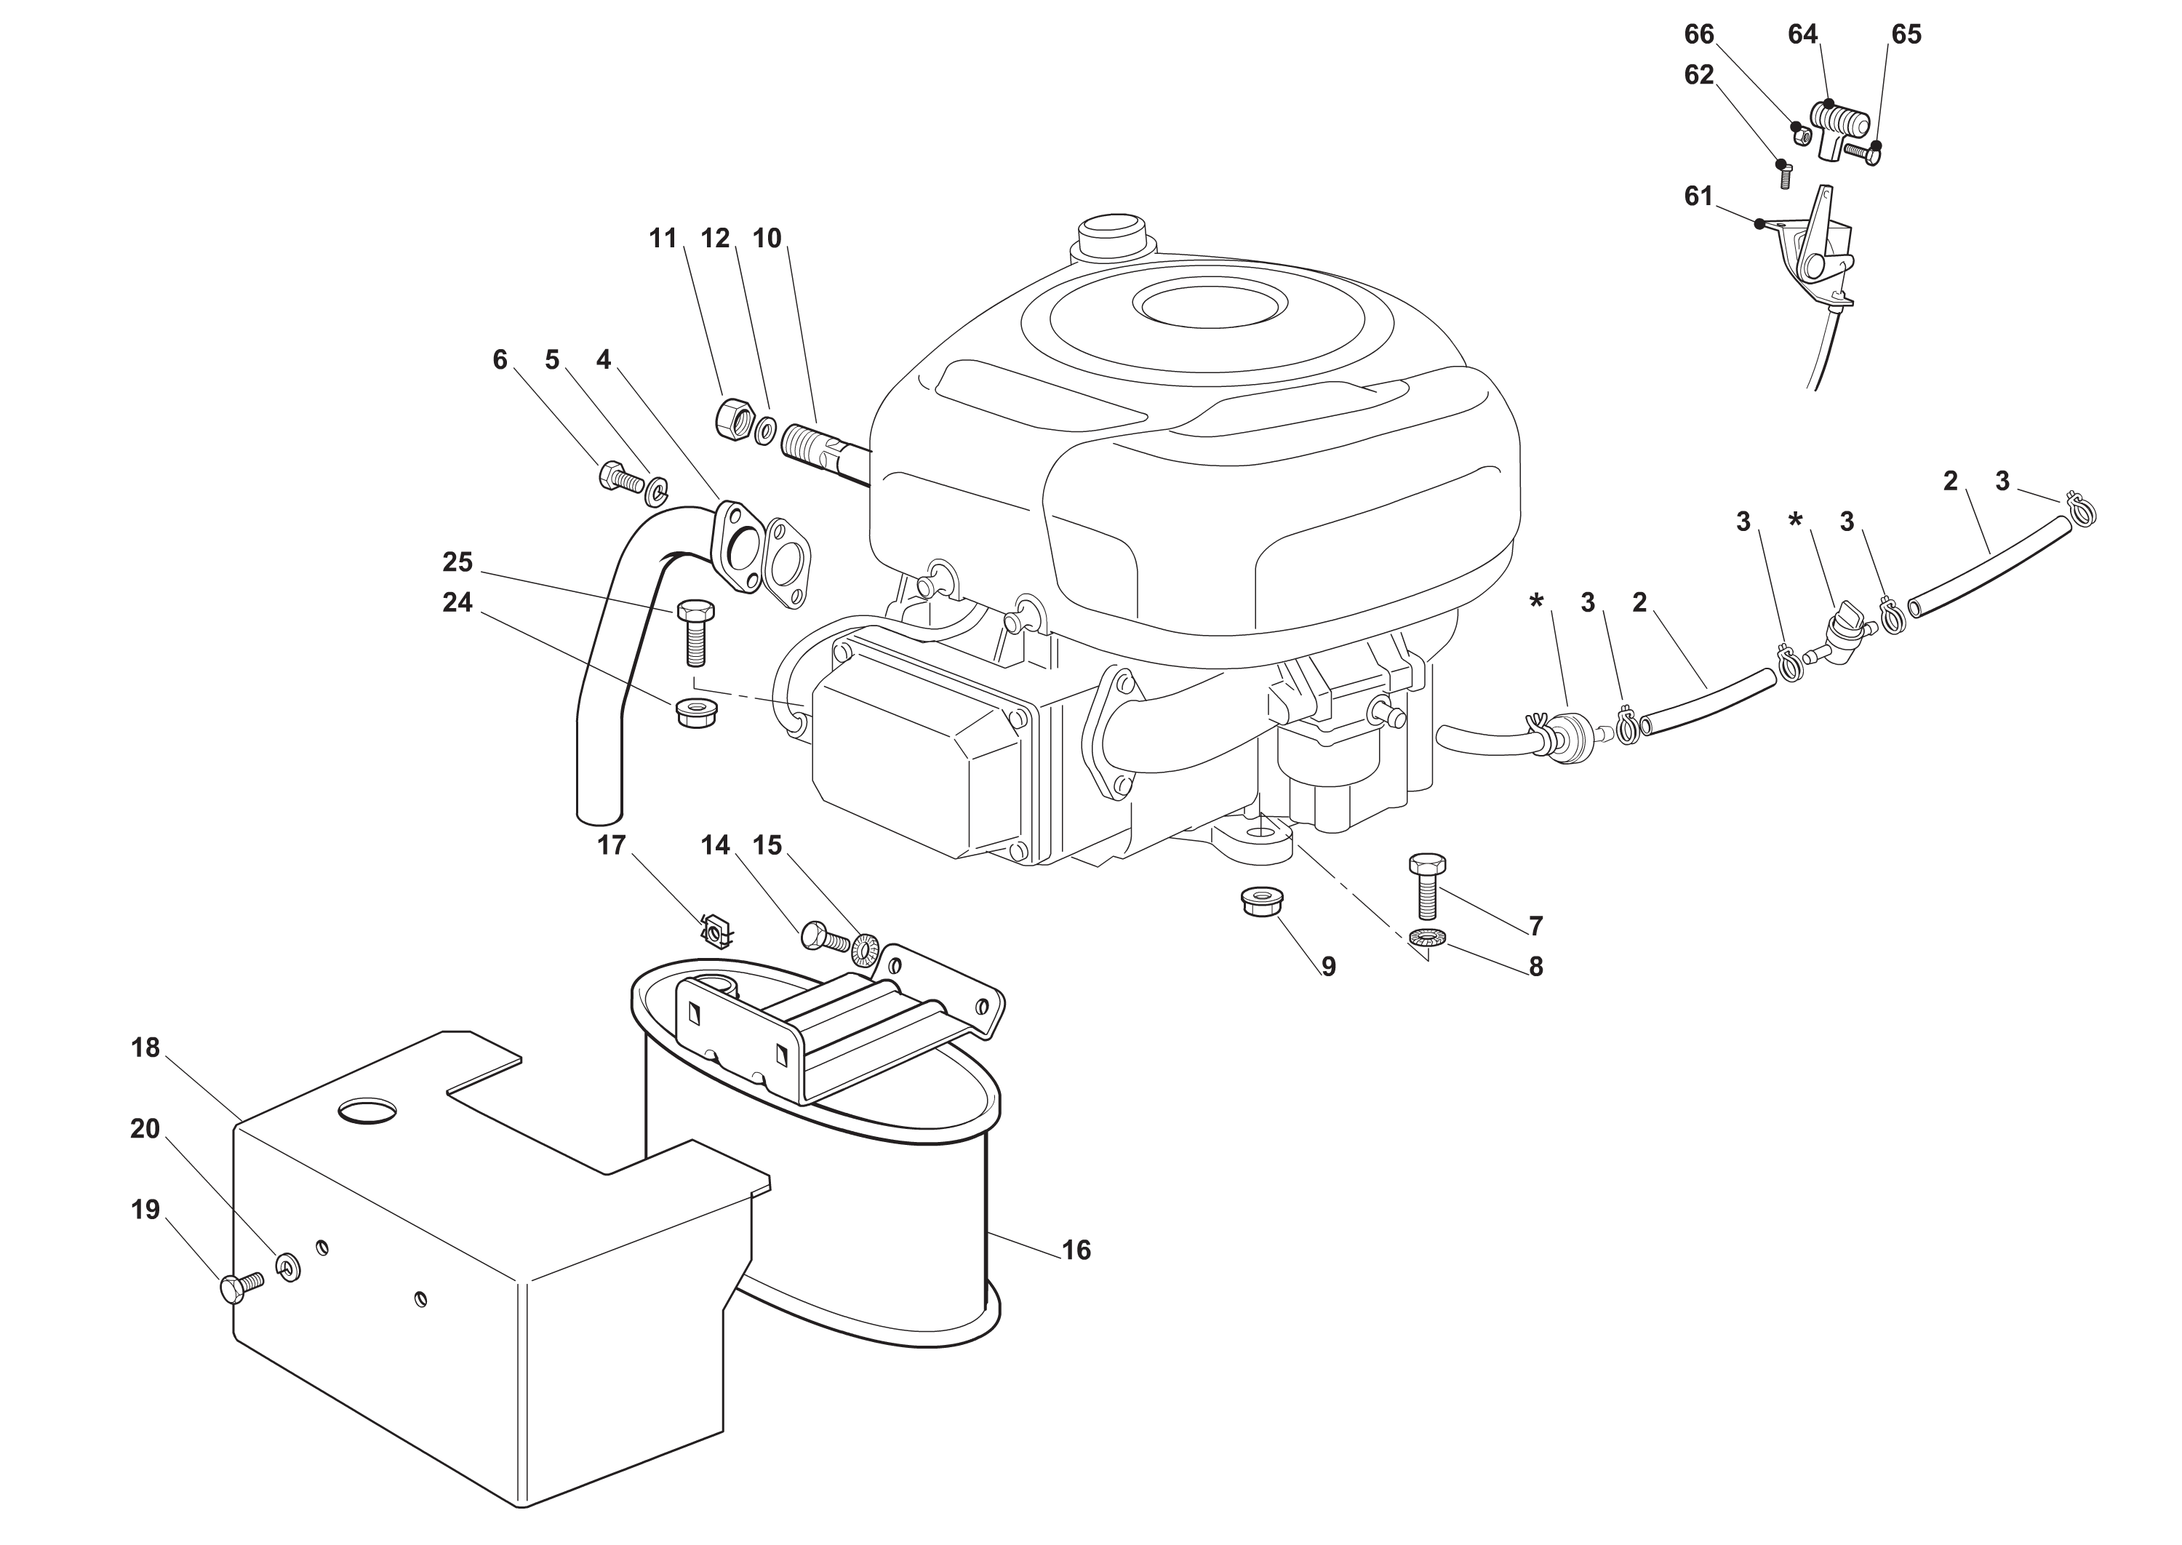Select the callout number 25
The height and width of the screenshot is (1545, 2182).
[x=457, y=562]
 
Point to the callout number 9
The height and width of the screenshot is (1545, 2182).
[x=1328, y=967]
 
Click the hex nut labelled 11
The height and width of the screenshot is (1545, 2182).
[x=732, y=418]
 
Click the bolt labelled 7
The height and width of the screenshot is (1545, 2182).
[x=1427, y=884]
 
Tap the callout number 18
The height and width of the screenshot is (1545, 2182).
[x=145, y=1048]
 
